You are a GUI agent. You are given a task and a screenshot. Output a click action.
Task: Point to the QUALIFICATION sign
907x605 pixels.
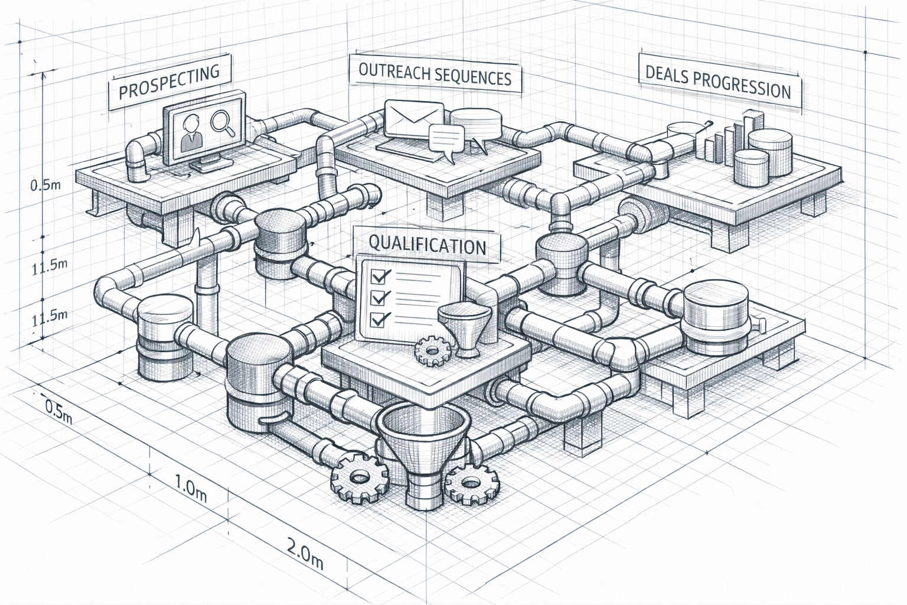[x=427, y=244]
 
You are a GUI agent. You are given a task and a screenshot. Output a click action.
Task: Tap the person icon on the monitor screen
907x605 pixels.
[x=191, y=133]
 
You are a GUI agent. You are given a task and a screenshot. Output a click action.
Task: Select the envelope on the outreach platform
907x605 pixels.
[x=414, y=118]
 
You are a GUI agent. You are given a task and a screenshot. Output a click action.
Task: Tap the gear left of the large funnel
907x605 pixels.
[x=359, y=479]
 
